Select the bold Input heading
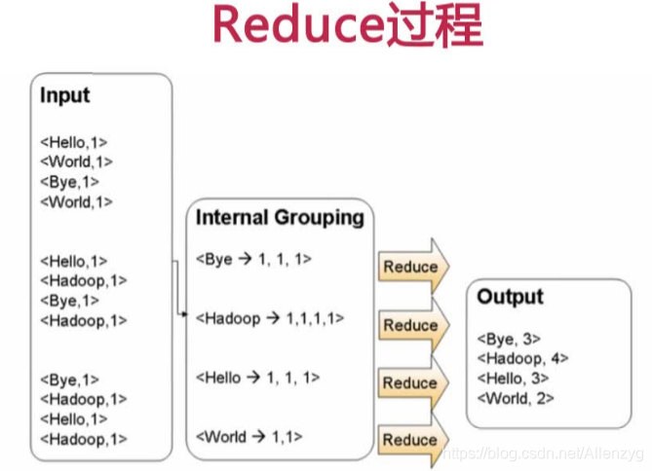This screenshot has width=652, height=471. (x=64, y=95)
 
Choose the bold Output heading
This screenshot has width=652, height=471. (x=510, y=297)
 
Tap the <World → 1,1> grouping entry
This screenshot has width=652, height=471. (x=249, y=436)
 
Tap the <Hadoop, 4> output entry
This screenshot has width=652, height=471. (x=522, y=358)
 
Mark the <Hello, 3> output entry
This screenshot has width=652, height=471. (x=513, y=378)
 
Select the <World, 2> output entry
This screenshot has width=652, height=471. (x=516, y=397)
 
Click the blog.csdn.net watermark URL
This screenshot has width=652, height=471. (x=540, y=454)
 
